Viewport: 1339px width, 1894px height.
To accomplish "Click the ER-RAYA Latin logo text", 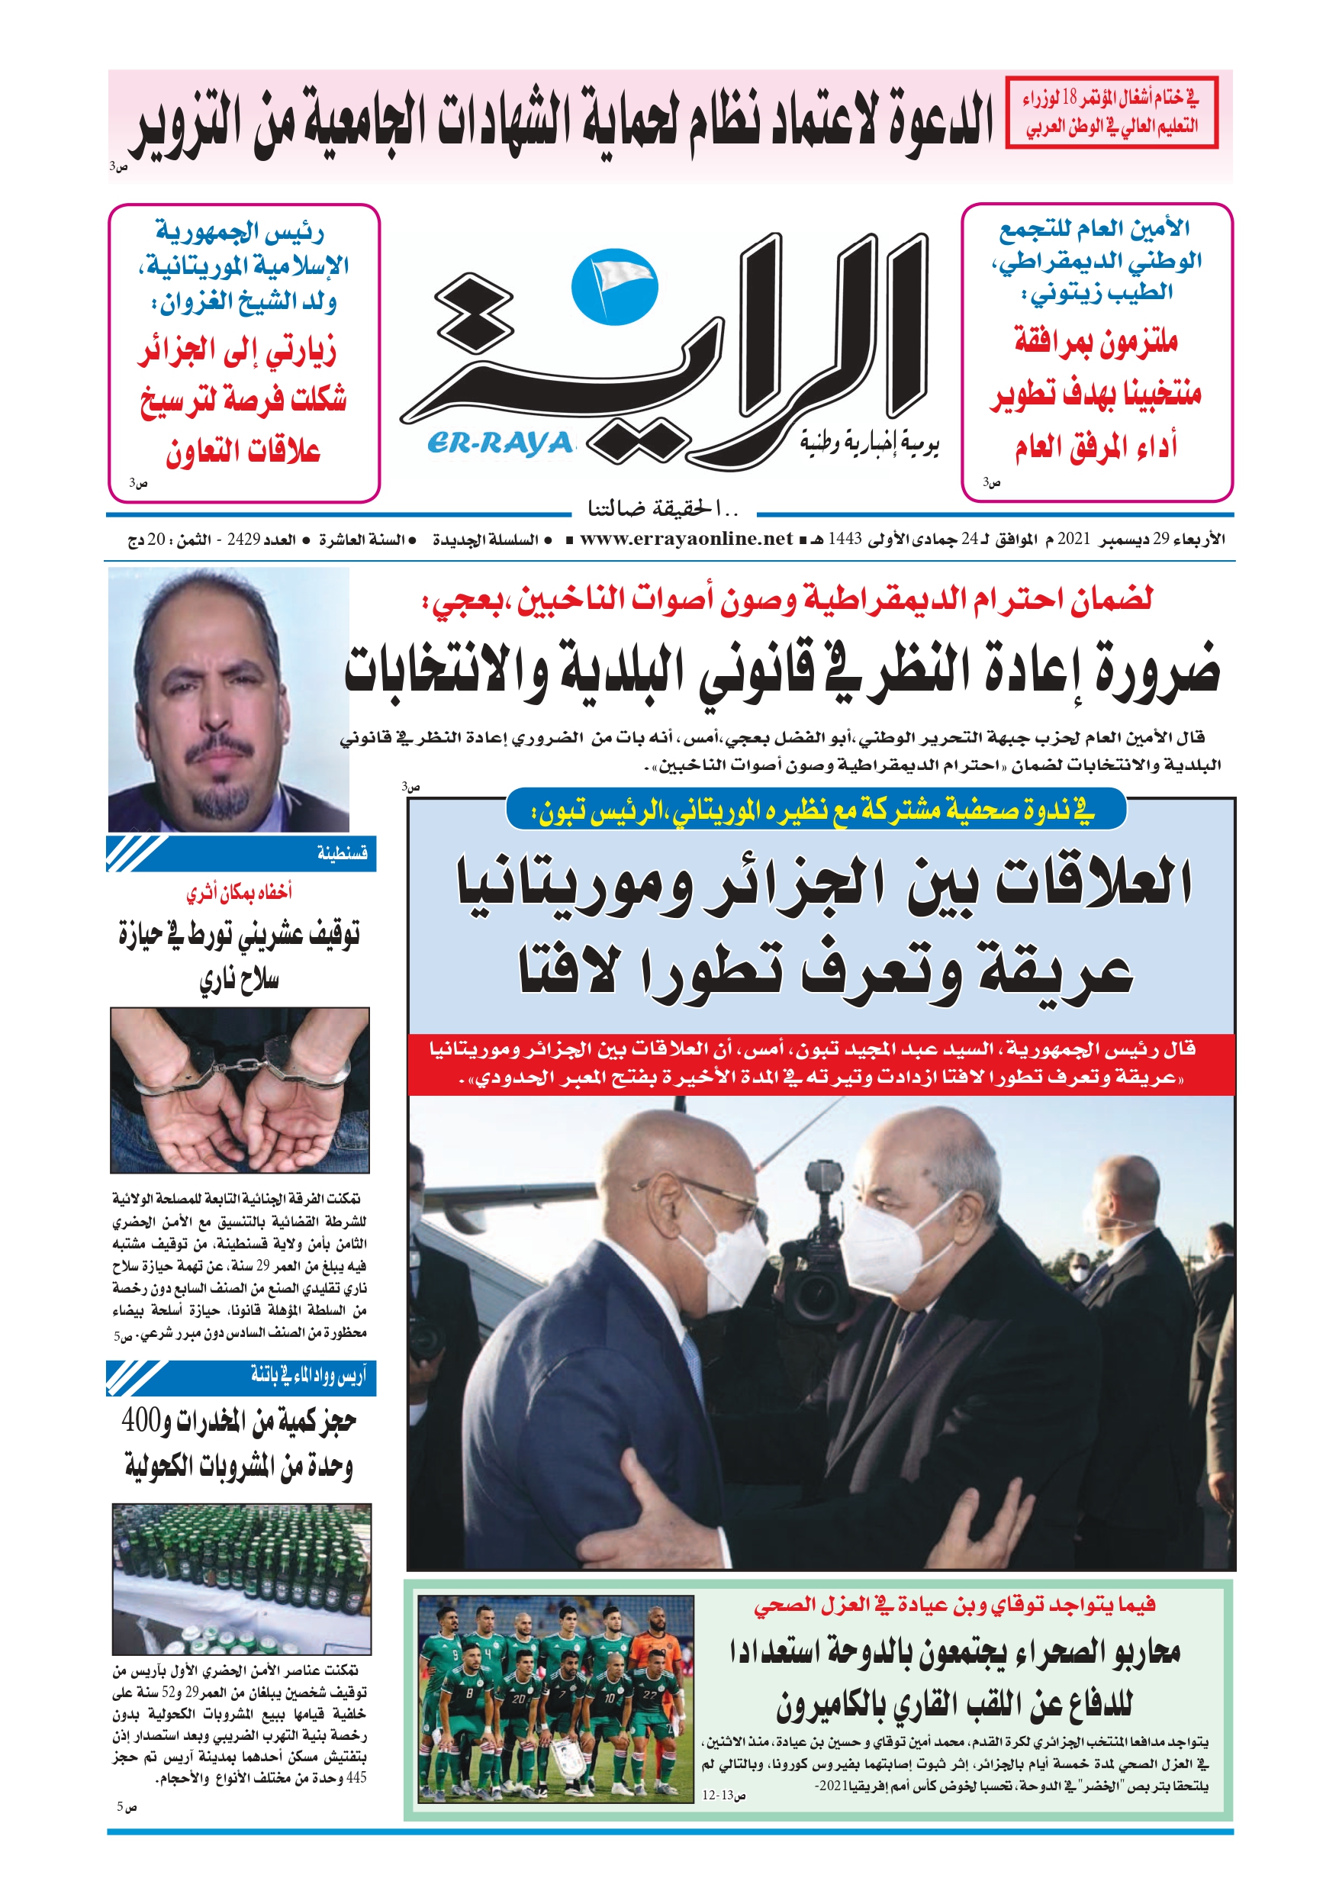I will (500, 444).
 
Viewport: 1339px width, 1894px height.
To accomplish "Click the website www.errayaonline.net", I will (686, 540).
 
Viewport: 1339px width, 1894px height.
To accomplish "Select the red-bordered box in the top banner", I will (1112, 112).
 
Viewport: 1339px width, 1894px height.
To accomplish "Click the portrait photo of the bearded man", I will (229, 700).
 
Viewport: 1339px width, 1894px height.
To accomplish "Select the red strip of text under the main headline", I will (821, 1065).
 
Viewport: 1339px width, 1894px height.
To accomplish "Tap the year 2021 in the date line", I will (1074, 540).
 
